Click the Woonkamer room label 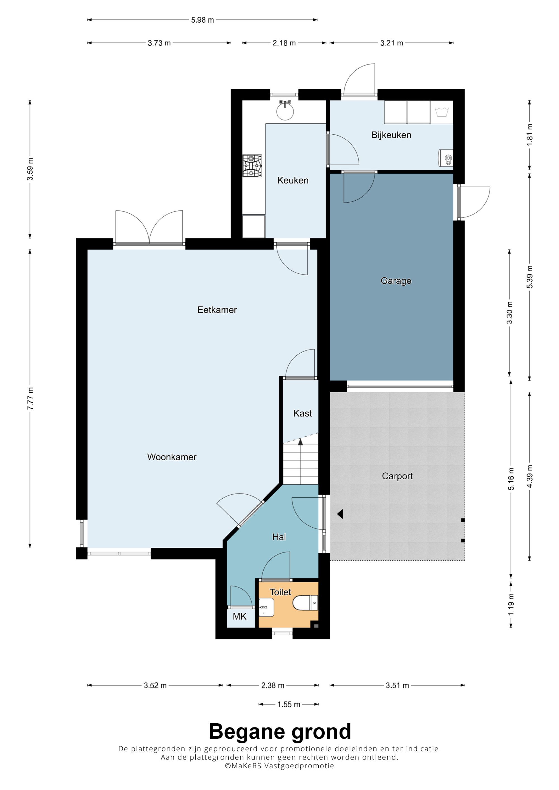pos(172,457)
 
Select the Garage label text pos(396,281)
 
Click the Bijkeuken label pos(391,135)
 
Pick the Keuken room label pos(293,180)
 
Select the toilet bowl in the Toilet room pos(305,603)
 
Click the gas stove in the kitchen pos(252,166)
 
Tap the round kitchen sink pos(285,111)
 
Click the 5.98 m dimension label pos(203,20)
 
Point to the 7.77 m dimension pos(30,398)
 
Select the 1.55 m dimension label pos(289,704)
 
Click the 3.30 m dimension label pos(510,312)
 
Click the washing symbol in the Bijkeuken pos(441,112)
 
